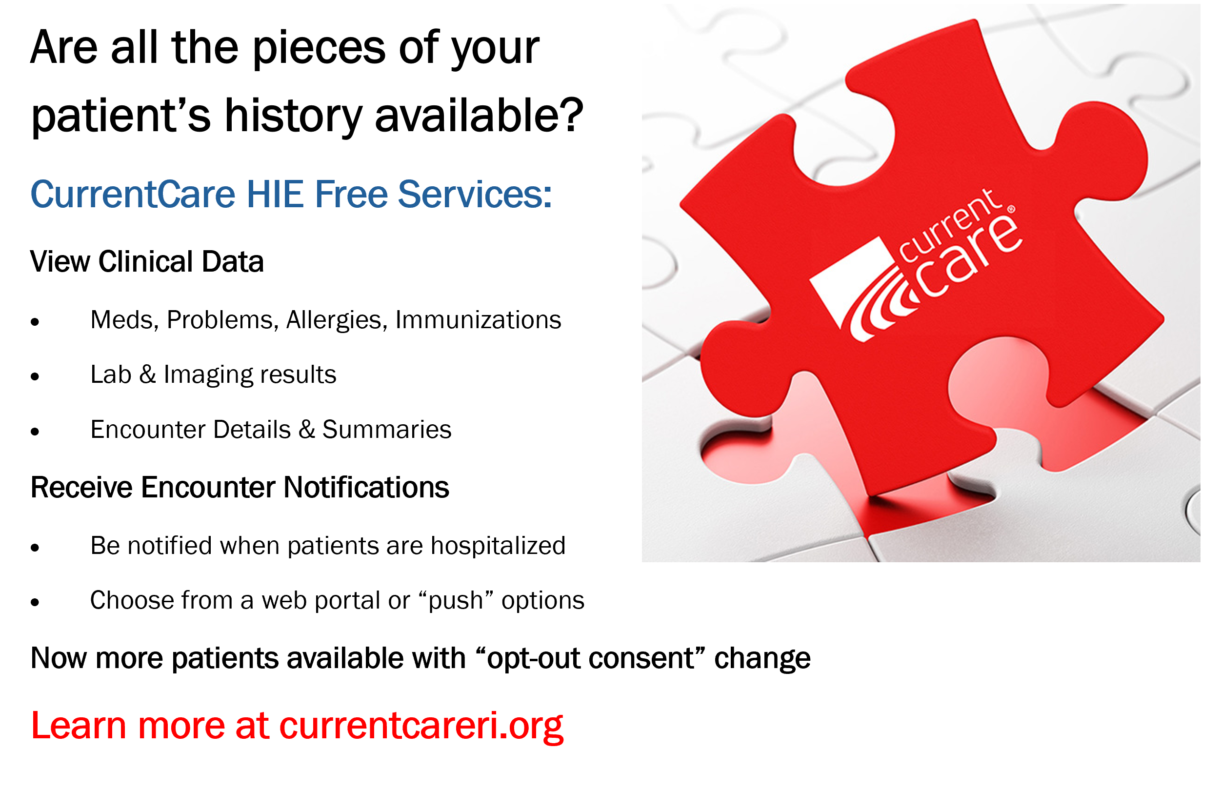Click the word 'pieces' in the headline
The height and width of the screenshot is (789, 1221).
tap(319, 49)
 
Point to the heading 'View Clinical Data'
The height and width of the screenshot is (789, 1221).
tap(147, 261)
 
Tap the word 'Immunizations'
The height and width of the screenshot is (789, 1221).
tap(478, 320)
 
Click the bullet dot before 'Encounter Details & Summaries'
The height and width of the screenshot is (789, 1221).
tap(35, 431)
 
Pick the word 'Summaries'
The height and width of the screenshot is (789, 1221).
tap(386, 429)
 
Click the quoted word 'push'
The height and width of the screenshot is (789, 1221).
tap(456, 600)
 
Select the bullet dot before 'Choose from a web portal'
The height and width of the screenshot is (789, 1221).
tap(35, 602)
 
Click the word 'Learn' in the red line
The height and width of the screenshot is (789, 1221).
tap(79, 726)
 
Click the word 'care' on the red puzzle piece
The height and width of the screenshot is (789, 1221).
tap(969, 256)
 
